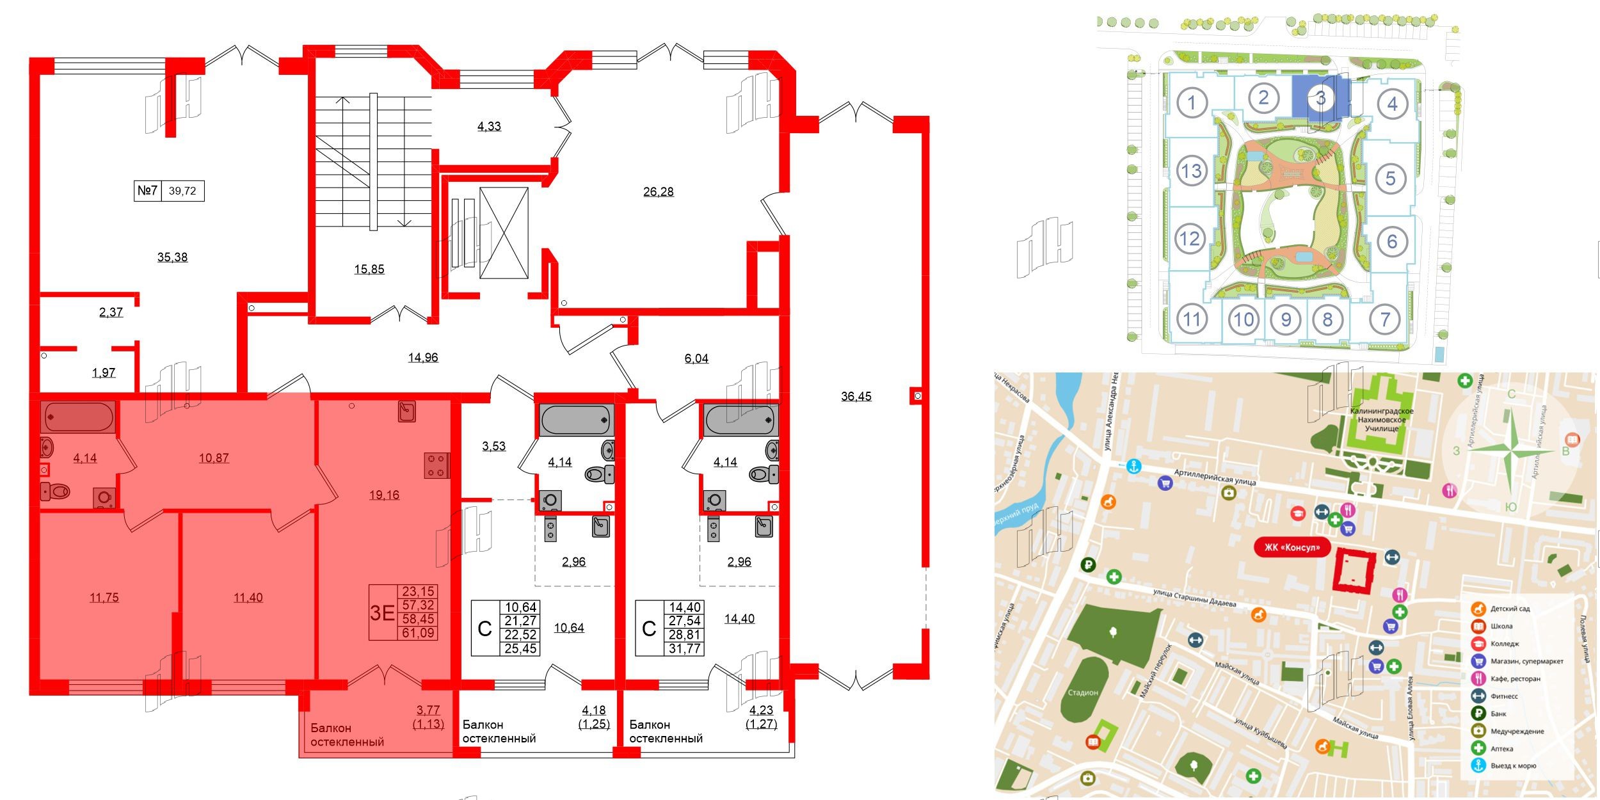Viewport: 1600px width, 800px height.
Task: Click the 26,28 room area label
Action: (658, 191)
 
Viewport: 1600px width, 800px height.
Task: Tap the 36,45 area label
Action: (856, 396)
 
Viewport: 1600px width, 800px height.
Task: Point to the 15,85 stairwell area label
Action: (369, 269)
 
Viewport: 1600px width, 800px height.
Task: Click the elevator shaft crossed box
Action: (504, 233)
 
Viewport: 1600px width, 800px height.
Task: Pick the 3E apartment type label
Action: (382, 612)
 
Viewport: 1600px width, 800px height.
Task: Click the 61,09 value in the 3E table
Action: (417, 633)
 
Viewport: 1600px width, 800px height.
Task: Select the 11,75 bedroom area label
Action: (104, 598)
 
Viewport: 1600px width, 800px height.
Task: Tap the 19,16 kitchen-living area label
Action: (384, 495)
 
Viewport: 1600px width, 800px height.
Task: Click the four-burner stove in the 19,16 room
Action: (436, 465)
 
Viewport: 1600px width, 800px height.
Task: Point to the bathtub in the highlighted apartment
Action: (78, 417)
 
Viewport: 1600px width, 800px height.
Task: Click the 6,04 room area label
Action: (696, 358)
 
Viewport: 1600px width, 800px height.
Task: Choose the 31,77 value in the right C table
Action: (685, 649)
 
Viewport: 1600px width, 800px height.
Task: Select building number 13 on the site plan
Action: (1191, 171)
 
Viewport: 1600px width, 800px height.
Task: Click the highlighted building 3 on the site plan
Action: (1320, 99)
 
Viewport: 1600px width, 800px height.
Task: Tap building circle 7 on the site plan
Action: (1385, 319)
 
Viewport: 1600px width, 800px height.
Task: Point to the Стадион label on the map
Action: (1082, 692)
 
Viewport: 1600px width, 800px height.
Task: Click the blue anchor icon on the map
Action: (1133, 467)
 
